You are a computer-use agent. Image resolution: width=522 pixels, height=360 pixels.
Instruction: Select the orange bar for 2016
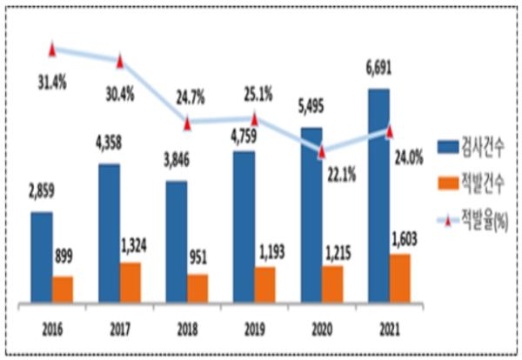64,290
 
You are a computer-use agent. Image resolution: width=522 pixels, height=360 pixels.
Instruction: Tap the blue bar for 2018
177,243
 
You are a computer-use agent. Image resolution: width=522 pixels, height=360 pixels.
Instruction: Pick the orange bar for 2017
130,283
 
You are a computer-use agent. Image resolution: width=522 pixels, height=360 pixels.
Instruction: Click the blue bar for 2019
244,228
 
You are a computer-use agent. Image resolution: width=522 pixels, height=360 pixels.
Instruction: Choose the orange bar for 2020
333,284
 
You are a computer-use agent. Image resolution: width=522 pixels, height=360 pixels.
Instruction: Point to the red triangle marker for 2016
52,49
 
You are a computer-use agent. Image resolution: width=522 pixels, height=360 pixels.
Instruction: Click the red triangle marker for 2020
322,151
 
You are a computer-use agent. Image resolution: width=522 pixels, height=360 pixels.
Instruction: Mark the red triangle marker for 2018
187,123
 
